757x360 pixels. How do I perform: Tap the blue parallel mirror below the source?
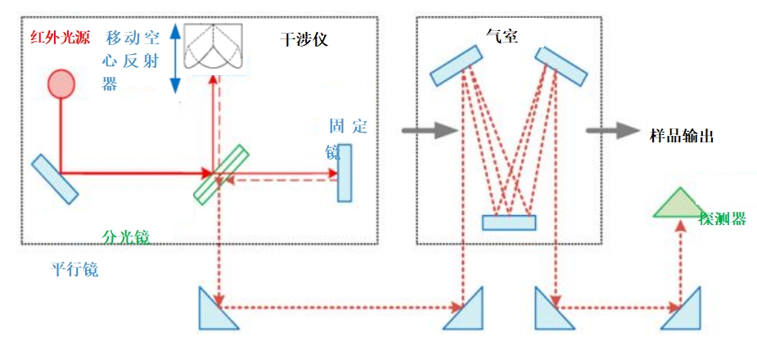[x=56, y=178]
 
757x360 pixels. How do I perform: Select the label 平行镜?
[x=72, y=269]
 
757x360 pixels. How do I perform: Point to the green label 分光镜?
[x=125, y=237]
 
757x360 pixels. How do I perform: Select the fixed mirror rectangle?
[x=344, y=173]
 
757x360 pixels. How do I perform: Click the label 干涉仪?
[x=302, y=38]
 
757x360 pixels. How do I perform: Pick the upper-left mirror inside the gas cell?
[x=457, y=65]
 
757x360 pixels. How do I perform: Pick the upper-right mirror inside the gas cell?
[x=561, y=66]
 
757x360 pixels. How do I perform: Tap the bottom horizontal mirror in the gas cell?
[x=508, y=222]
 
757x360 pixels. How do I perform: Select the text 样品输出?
[x=681, y=136]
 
